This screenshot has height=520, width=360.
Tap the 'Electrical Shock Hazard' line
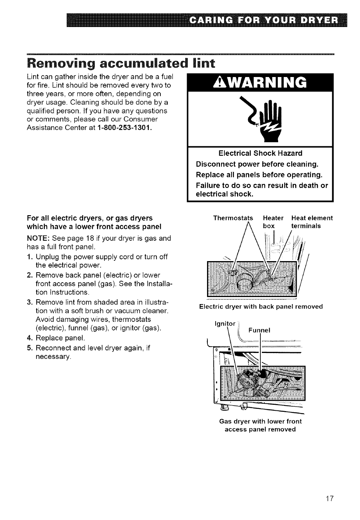point(260,153)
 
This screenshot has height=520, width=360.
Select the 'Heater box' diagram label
point(273,221)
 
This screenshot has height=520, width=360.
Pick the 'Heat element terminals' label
point(311,221)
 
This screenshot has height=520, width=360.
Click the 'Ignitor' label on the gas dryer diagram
point(225,324)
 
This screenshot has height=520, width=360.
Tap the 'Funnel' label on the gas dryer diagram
point(260,330)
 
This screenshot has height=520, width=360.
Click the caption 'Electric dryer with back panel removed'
point(261,306)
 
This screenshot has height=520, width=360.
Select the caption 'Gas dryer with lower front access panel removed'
point(260,425)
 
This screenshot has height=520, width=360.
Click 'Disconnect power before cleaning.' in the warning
point(257,164)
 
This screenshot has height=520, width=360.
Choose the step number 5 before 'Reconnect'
point(29,348)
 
